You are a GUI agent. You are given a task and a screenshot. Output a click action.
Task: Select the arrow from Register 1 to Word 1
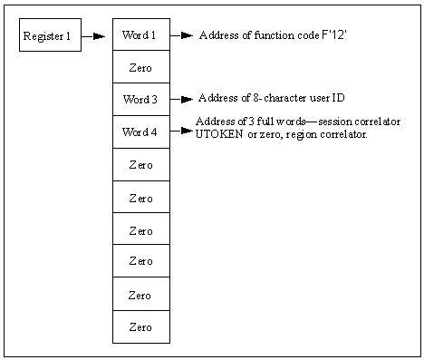pos(93,37)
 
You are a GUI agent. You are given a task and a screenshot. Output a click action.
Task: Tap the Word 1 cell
pos(140,35)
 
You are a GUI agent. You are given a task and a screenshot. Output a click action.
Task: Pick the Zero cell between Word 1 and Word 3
pos(140,67)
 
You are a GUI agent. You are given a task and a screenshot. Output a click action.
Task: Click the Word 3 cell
pos(140,99)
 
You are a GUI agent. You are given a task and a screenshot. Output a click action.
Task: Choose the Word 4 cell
pos(140,131)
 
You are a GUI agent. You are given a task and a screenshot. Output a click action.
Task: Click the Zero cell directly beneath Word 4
pos(140,165)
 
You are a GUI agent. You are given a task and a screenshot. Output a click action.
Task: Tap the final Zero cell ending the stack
pos(140,326)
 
